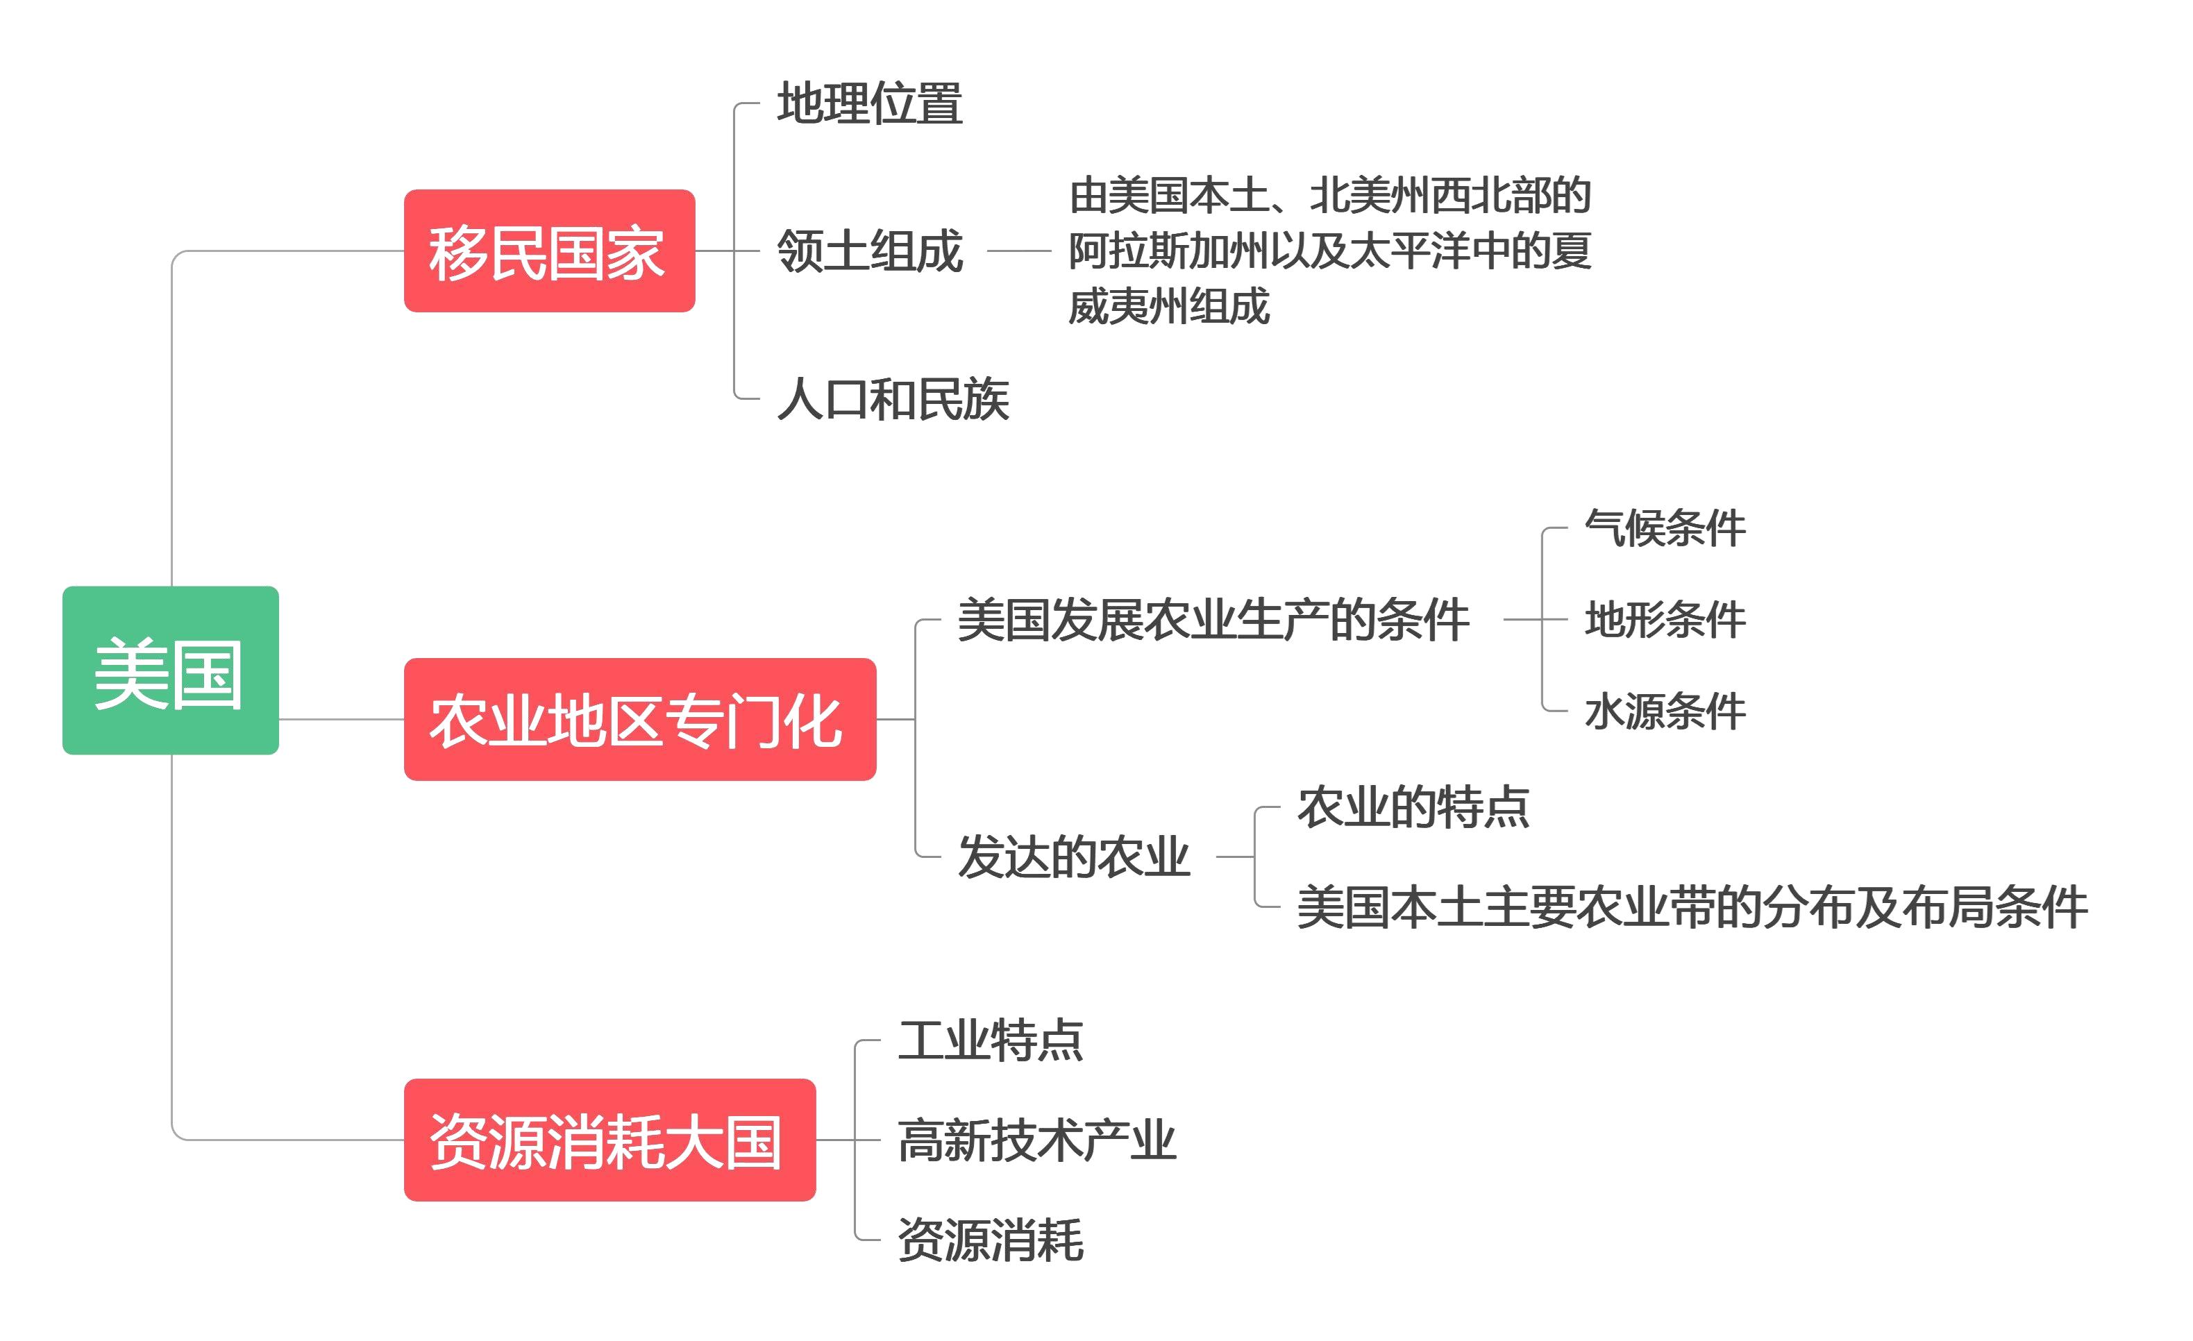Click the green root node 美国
click(170, 671)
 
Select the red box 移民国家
click(549, 251)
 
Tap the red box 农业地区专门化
click(639, 720)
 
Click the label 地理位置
click(870, 103)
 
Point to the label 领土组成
click(870, 251)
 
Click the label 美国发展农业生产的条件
click(1212, 621)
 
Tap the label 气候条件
click(1664, 529)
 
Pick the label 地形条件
click(1664, 621)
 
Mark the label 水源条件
click(1664, 712)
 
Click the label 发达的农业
click(1073, 857)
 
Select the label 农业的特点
click(1413, 808)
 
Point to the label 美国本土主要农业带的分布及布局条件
click(1691, 908)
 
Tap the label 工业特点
click(990, 1040)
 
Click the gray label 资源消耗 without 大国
click(990, 1240)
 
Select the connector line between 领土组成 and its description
click(1018, 251)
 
